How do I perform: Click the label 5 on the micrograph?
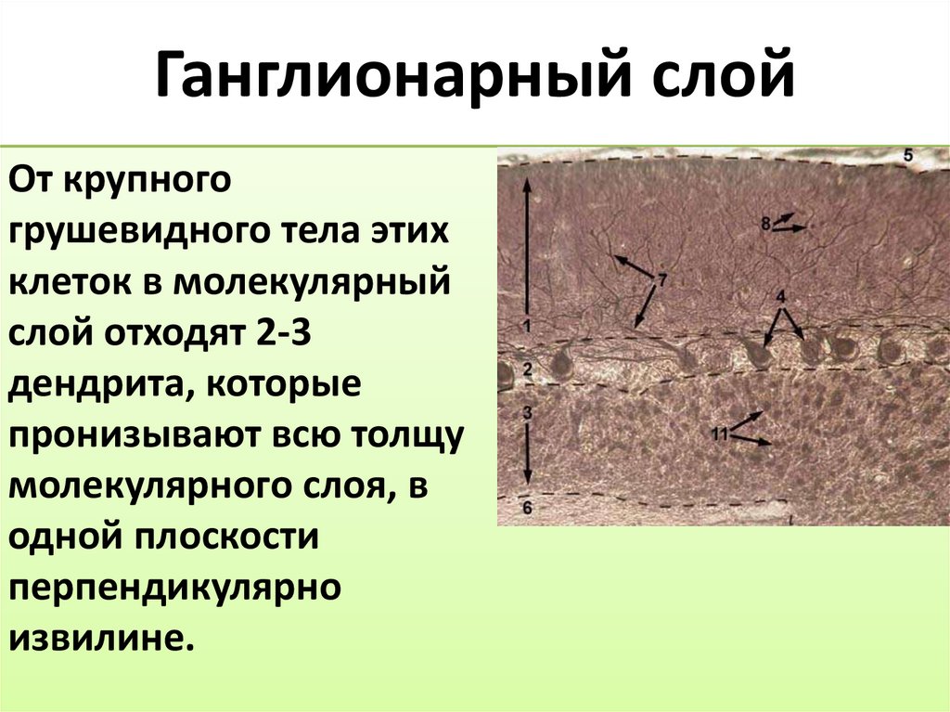pos(908,156)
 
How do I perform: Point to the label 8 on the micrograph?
pos(765,223)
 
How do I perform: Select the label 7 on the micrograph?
pos(662,278)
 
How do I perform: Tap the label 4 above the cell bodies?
pos(780,297)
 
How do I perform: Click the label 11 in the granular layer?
pos(719,433)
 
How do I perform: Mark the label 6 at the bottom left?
pos(526,507)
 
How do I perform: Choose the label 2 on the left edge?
pos(527,370)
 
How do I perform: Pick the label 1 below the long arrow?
pos(525,326)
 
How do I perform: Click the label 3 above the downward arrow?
pos(526,410)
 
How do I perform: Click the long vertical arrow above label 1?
pos(526,246)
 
